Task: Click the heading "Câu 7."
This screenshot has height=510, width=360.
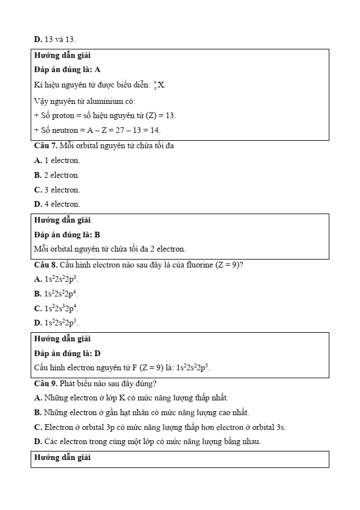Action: tap(46, 146)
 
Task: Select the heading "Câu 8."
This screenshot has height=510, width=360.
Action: tap(46, 265)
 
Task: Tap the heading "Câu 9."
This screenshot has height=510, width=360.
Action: tap(46, 383)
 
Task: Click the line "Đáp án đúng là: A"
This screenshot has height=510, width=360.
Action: tap(67, 70)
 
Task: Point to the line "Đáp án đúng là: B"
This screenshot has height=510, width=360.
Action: tap(67, 235)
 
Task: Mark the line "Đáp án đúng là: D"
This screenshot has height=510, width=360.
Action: tap(67, 353)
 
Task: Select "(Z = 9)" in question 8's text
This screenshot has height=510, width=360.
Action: tap(229, 265)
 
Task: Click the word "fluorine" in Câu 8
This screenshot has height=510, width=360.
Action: tap(199, 265)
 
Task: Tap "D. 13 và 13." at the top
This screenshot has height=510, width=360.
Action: tap(55, 39)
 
